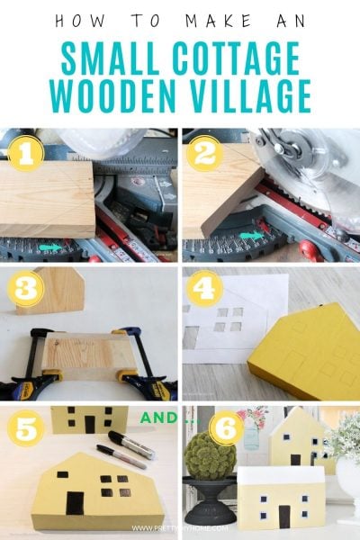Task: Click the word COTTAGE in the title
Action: (x=240, y=59)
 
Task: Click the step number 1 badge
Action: (x=27, y=154)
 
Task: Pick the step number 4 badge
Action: (x=205, y=290)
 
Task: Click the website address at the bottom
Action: (x=179, y=528)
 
